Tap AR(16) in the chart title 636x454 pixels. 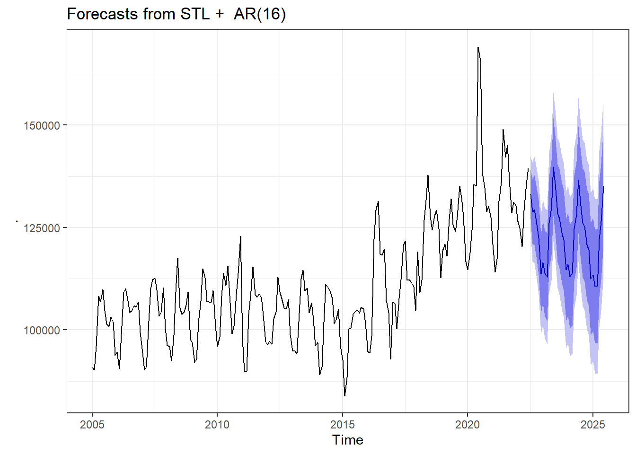click(260, 14)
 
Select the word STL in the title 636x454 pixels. click(194, 14)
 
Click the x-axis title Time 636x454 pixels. click(348, 440)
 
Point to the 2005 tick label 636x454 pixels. click(92, 425)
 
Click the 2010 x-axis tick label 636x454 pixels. click(217, 425)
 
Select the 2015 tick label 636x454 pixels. click(343, 425)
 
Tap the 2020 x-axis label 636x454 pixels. click(468, 425)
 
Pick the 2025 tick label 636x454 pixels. click(593, 425)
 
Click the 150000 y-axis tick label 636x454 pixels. click(42, 126)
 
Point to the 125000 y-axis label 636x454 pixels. click(42, 228)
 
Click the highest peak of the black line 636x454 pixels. click(478, 47)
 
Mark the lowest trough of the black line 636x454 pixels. click(344, 396)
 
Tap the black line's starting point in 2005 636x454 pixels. click(92, 367)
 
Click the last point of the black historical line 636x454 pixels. click(528, 169)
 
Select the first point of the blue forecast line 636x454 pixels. click(530, 194)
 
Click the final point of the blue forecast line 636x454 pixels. click(603, 187)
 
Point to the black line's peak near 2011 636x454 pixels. click(240, 236)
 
